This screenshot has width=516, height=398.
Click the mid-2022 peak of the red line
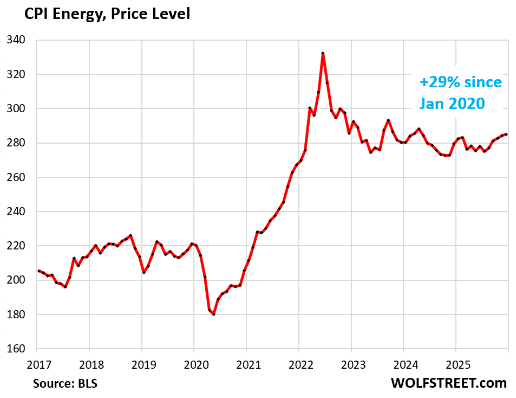(x=323, y=53)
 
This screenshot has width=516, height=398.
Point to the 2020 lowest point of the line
(x=214, y=314)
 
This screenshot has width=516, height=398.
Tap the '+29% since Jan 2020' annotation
(x=461, y=92)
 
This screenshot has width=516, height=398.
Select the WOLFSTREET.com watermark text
(x=449, y=383)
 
